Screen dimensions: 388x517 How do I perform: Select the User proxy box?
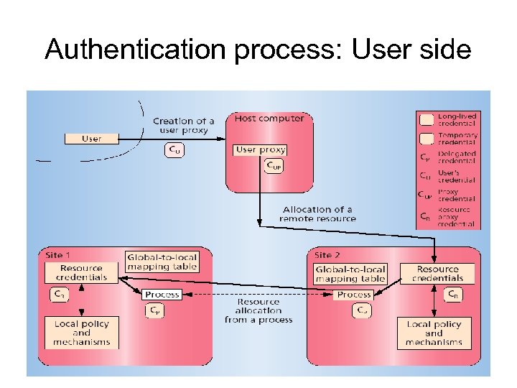[260, 149]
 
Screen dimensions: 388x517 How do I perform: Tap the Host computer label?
[269, 118]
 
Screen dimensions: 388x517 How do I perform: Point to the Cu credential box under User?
[174, 150]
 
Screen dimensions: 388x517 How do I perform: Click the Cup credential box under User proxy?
[274, 166]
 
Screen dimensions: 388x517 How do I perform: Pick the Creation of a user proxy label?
[184, 125]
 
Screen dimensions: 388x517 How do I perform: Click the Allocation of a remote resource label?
[317, 213]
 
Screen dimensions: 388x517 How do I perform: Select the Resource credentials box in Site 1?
[81, 272]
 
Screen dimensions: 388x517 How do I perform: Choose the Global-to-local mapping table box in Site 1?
[162, 261]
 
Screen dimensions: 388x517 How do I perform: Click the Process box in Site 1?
[162, 295]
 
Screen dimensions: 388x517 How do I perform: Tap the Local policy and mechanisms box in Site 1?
[81, 333]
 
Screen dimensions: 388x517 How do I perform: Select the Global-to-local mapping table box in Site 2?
[350, 273]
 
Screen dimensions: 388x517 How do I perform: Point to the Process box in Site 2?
[353, 295]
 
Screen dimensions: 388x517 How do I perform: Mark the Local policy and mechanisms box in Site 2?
[434, 333]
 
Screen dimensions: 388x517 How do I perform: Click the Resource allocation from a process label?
[258, 310]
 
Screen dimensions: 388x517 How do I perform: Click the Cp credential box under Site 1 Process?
[154, 310]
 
